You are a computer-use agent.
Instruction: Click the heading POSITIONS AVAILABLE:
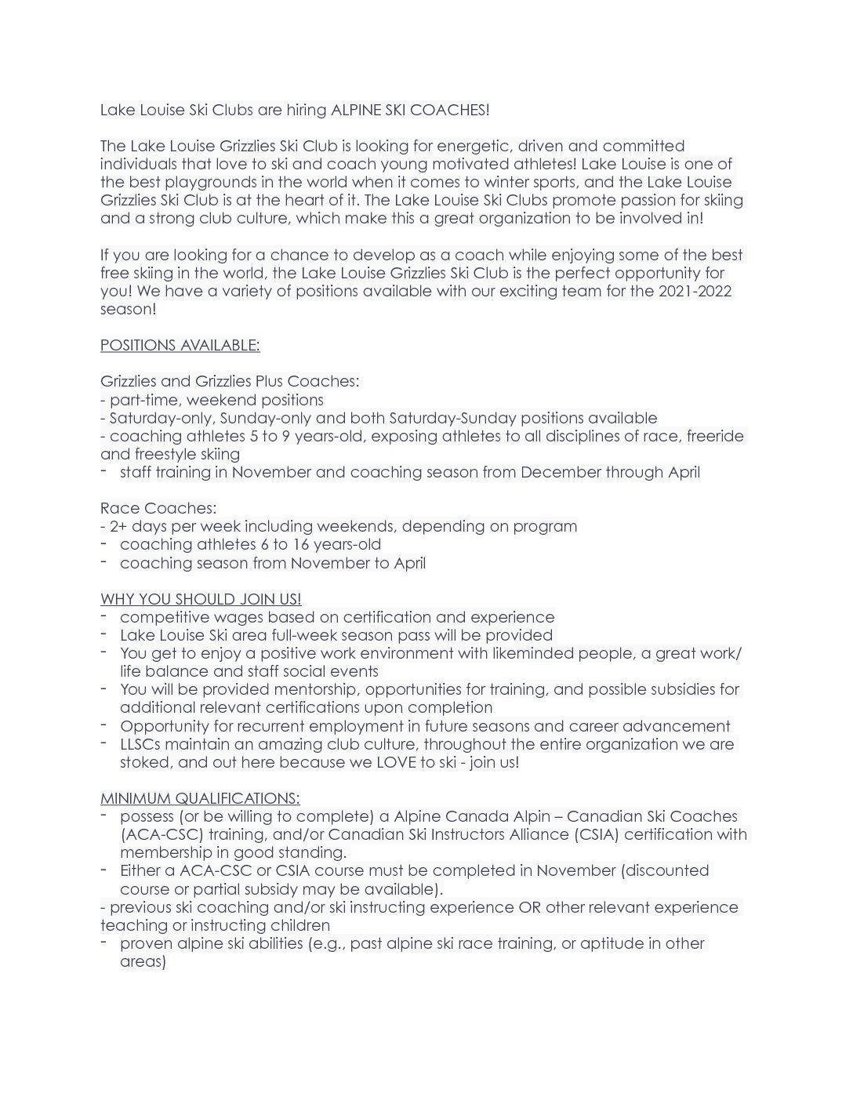tap(180, 346)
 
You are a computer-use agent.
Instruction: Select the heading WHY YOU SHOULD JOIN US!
tap(201, 600)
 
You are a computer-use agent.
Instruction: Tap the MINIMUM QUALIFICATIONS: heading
tap(200, 799)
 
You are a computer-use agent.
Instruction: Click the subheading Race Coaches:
tap(158, 509)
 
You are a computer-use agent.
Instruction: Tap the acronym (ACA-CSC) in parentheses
tap(162, 835)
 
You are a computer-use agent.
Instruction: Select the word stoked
tap(143, 763)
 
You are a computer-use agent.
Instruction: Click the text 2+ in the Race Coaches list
tap(118, 527)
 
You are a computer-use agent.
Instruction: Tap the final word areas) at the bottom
tap(143, 962)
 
